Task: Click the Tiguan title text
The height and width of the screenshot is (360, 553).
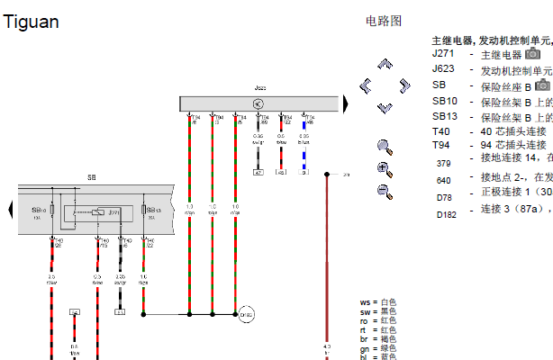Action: pyautogui.click(x=32, y=22)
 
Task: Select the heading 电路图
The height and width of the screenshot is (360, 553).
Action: pyautogui.click(x=384, y=21)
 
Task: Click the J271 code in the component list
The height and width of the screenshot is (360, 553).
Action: pyautogui.click(x=443, y=54)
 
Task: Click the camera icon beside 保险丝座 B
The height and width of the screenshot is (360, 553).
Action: pyautogui.click(x=541, y=85)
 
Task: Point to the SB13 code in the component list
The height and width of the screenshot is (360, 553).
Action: pyautogui.click(x=445, y=116)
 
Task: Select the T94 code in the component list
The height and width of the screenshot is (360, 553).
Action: pyautogui.click(x=440, y=145)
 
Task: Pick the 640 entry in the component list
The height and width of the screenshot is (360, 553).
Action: pyautogui.click(x=443, y=178)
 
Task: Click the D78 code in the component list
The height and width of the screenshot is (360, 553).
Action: pyautogui.click(x=444, y=196)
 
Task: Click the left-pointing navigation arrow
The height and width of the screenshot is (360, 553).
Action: pyautogui.click(x=366, y=86)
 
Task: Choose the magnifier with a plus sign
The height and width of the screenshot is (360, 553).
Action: pyautogui.click(x=385, y=168)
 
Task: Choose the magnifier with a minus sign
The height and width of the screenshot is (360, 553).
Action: pyautogui.click(x=385, y=190)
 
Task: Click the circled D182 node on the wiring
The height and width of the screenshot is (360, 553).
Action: pyautogui.click(x=245, y=314)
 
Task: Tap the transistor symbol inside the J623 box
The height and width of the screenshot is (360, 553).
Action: pyautogui.click(x=257, y=104)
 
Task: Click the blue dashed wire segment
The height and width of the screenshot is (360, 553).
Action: pyautogui.click(x=304, y=158)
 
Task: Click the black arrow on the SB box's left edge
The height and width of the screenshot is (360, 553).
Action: pyautogui.click(x=11, y=211)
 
